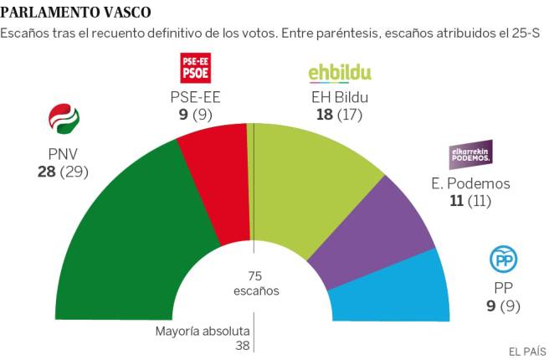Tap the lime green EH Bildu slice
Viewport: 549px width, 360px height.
coord(310,184)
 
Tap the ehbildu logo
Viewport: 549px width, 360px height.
coord(340,73)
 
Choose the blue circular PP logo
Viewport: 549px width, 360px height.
coord(502,260)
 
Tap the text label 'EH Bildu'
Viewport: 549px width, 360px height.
coord(340,96)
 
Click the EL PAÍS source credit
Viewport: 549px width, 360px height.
coord(524,350)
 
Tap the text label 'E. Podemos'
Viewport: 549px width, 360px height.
coord(472,183)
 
